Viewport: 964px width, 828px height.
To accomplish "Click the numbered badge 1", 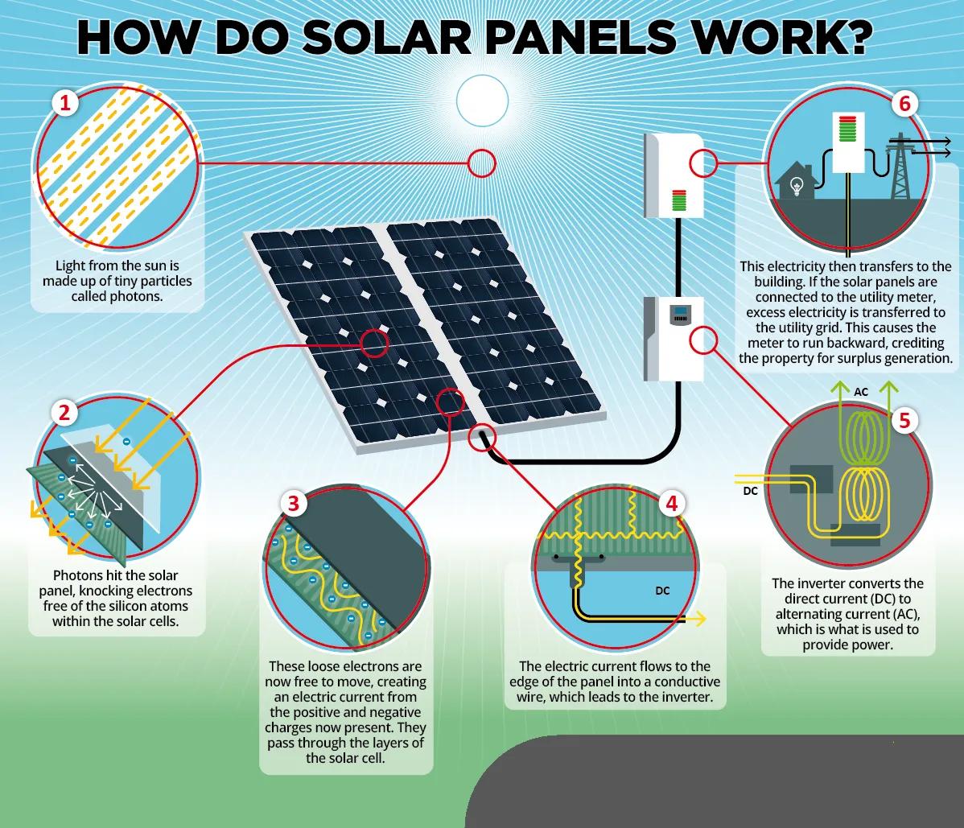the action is (x=65, y=104).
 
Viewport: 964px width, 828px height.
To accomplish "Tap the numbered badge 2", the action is (x=64, y=413).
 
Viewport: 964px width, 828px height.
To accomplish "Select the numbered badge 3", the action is (x=293, y=505).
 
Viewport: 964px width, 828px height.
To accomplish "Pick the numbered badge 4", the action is (x=671, y=504).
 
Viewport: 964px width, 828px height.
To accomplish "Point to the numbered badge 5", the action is (x=904, y=421).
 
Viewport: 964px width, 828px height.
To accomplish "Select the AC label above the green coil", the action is (x=861, y=392).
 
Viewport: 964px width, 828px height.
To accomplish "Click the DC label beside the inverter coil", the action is (x=748, y=489).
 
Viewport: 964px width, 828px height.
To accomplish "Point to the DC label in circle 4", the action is (x=662, y=591).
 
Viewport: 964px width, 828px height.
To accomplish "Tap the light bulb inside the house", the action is (x=798, y=186).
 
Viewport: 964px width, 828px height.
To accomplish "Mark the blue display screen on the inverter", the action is (x=681, y=312).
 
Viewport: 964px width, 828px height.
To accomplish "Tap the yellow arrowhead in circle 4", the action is (x=701, y=618).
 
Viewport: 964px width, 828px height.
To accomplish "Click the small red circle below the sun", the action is (x=482, y=163).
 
